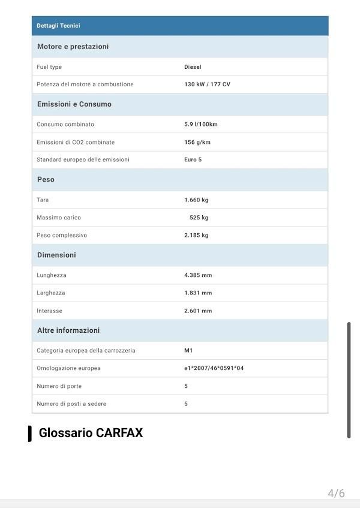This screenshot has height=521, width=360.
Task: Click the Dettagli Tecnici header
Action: coord(58,26)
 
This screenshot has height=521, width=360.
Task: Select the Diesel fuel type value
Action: coord(193,67)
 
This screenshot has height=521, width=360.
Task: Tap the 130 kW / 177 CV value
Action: coord(207,85)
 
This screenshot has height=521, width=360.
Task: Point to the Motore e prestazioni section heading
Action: coord(73,47)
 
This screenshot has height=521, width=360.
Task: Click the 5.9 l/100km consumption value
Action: coord(200,125)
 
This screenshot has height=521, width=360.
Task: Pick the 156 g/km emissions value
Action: coord(197,142)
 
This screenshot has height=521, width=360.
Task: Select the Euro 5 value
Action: coord(193,159)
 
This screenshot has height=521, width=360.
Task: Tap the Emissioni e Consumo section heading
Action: coord(74,104)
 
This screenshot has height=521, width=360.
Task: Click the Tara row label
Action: coord(43,200)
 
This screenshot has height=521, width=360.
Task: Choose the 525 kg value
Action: coord(199,218)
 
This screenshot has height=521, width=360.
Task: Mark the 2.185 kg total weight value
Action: coord(196,235)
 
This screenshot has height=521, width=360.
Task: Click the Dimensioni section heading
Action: coord(56,255)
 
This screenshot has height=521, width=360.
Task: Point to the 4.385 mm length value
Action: coord(198,275)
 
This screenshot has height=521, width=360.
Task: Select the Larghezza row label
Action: coord(51,293)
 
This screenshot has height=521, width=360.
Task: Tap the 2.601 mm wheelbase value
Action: coord(198,311)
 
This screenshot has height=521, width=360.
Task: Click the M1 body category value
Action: coord(188,351)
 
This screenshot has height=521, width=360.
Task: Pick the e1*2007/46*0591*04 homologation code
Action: coord(214,368)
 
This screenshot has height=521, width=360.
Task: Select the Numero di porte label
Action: coord(59,386)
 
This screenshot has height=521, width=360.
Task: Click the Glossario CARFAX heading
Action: coord(91,433)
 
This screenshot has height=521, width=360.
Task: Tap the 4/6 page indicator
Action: coord(336,493)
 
